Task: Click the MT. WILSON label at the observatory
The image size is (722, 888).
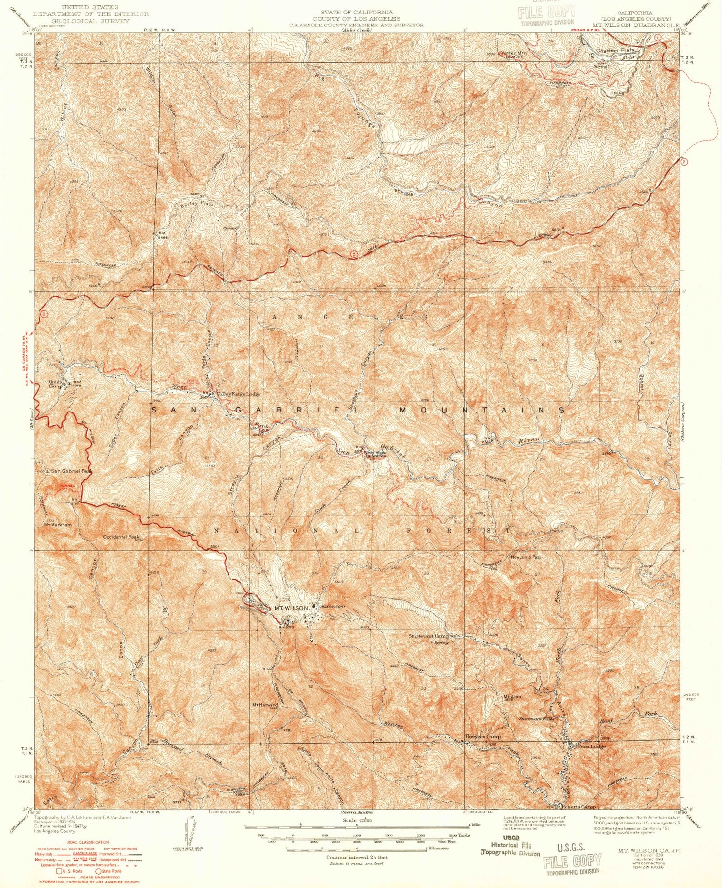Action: pyautogui.click(x=291, y=608)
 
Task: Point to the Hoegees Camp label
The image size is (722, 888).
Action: pyautogui.click(x=483, y=737)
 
